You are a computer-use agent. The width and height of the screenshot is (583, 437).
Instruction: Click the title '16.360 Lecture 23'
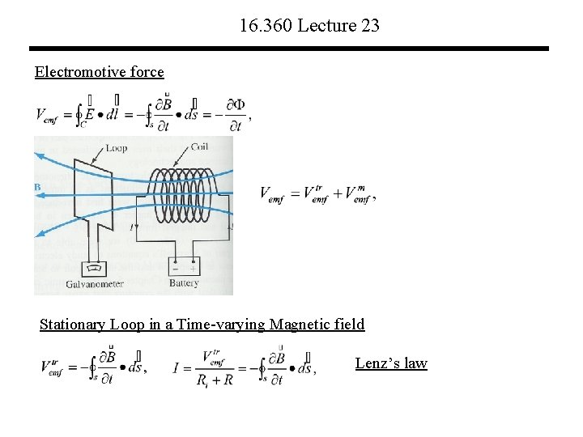[309, 26]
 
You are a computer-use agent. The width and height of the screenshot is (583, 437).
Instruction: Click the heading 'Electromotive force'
[99, 72]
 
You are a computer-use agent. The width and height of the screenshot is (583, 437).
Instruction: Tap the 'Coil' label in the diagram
[198, 147]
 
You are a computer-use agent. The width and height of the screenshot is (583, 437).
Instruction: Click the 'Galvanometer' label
[94, 283]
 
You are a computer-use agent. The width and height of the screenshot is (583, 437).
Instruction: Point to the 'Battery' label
[184, 283]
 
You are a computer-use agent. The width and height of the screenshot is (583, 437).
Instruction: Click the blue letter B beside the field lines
[37, 188]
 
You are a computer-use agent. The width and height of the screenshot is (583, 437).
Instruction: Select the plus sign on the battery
[193, 269]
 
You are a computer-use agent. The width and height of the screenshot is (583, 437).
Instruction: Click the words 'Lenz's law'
[391, 363]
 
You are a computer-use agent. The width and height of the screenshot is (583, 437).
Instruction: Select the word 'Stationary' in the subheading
[71, 325]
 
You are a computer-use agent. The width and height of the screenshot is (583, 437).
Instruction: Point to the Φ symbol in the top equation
[238, 105]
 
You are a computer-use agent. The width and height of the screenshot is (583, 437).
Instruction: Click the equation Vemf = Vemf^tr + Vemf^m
[317, 194]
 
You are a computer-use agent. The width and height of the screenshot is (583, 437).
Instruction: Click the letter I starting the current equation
[176, 369]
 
